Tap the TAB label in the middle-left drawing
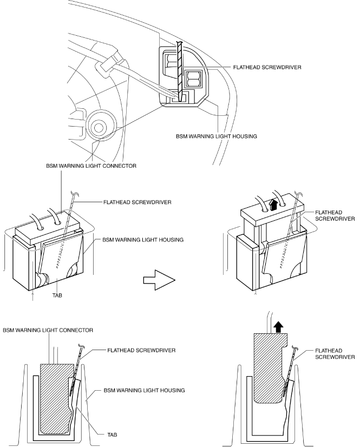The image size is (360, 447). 56,295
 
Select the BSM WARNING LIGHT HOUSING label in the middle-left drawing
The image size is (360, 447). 133,238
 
